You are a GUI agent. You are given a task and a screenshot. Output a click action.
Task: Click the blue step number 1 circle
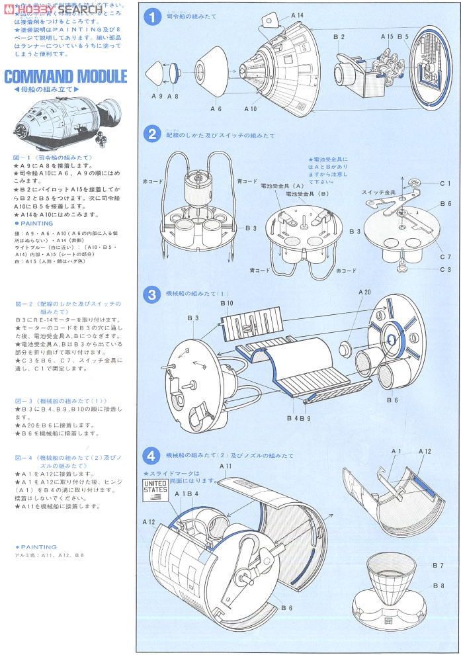pyautogui.click(x=153, y=18)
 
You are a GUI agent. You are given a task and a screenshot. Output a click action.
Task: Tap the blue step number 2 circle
pyautogui.click(x=153, y=135)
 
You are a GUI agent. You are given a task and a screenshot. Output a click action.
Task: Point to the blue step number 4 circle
pyautogui.click(x=153, y=455)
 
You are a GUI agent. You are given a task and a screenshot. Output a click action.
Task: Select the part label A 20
pyautogui.click(x=364, y=292)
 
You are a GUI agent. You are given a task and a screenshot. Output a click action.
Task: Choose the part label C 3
pyautogui.click(x=444, y=269)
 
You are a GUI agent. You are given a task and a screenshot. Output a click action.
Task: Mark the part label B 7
pyautogui.click(x=437, y=565)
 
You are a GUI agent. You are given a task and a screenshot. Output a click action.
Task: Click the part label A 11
pyautogui.click(x=226, y=466)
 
